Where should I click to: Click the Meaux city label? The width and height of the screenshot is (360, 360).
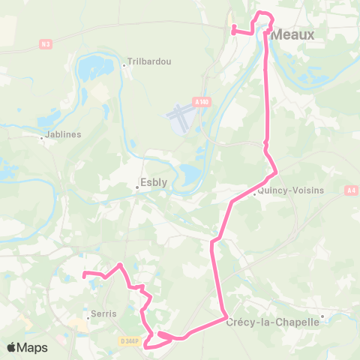(x=292, y=34)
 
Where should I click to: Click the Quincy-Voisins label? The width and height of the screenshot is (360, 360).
(x=290, y=190)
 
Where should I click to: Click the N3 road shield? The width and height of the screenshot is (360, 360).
(x=46, y=44)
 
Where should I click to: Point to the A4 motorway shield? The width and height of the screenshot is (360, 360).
(x=351, y=191)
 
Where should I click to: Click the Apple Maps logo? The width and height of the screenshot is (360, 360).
(x=28, y=347)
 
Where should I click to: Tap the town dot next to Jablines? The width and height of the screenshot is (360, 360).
(x=42, y=137)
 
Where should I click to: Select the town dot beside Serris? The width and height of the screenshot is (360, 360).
(x=88, y=318)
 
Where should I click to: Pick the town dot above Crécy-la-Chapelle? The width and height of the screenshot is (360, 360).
(x=322, y=316)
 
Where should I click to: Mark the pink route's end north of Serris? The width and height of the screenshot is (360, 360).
(x=84, y=273)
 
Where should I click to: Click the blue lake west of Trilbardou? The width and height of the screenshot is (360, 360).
(x=94, y=67)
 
